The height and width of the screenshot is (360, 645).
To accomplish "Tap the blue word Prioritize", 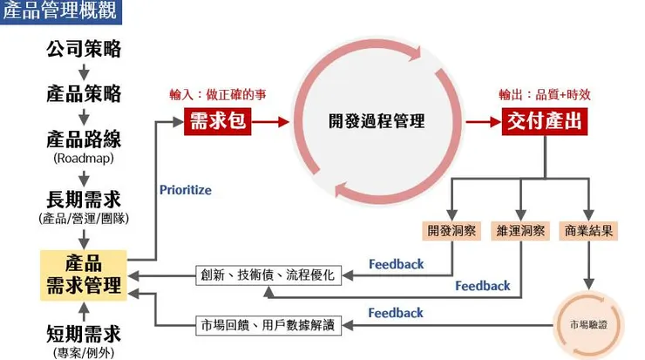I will pyautogui.click(x=185, y=190).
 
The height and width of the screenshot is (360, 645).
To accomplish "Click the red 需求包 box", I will pyautogui.click(x=220, y=122).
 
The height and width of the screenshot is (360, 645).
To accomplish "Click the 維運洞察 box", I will pyautogui.click(x=521, y=232).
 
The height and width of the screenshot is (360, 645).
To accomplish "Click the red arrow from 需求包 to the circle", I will pyautogui.click(x=271, y=122).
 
